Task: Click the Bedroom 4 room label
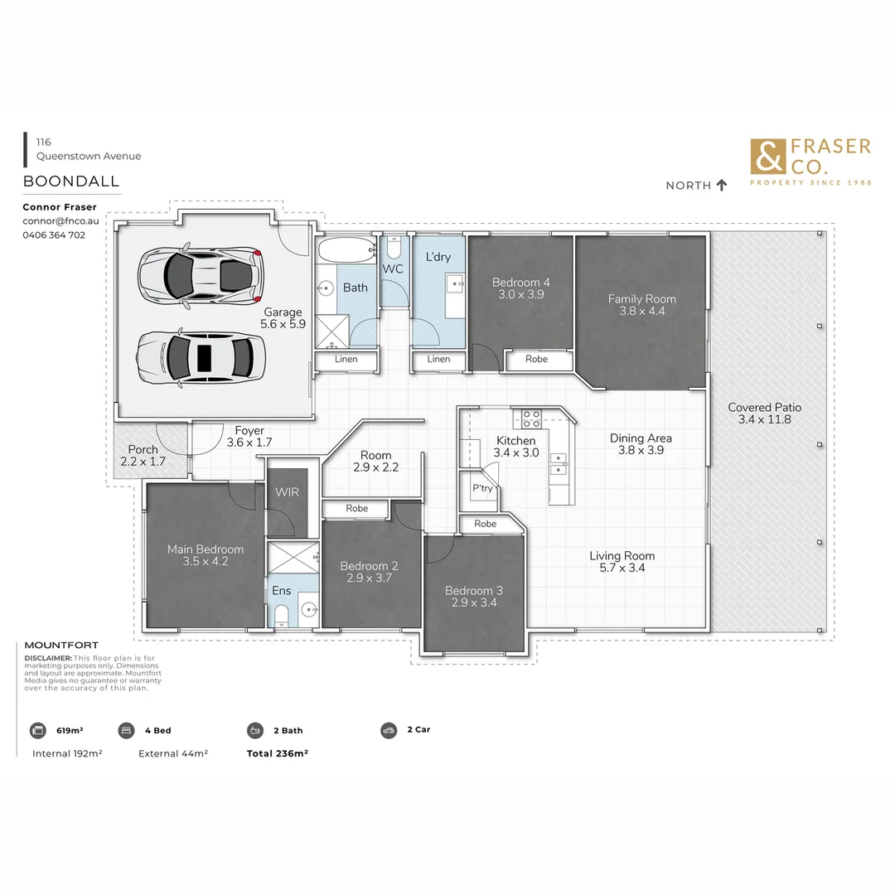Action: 520,282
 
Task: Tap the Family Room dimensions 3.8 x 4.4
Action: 641,312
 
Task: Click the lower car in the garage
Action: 199,357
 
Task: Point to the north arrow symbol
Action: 721,185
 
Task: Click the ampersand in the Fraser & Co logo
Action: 767,157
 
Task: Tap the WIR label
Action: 287,491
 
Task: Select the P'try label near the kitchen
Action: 482,488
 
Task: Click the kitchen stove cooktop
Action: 531,418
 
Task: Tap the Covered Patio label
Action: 764,407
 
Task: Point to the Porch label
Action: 143,450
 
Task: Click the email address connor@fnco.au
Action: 60,221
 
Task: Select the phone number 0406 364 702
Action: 54,235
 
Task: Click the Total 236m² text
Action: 277,753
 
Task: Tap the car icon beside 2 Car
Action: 389,730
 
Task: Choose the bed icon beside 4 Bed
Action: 126,730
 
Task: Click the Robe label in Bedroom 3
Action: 485,524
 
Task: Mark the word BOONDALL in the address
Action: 71,181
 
